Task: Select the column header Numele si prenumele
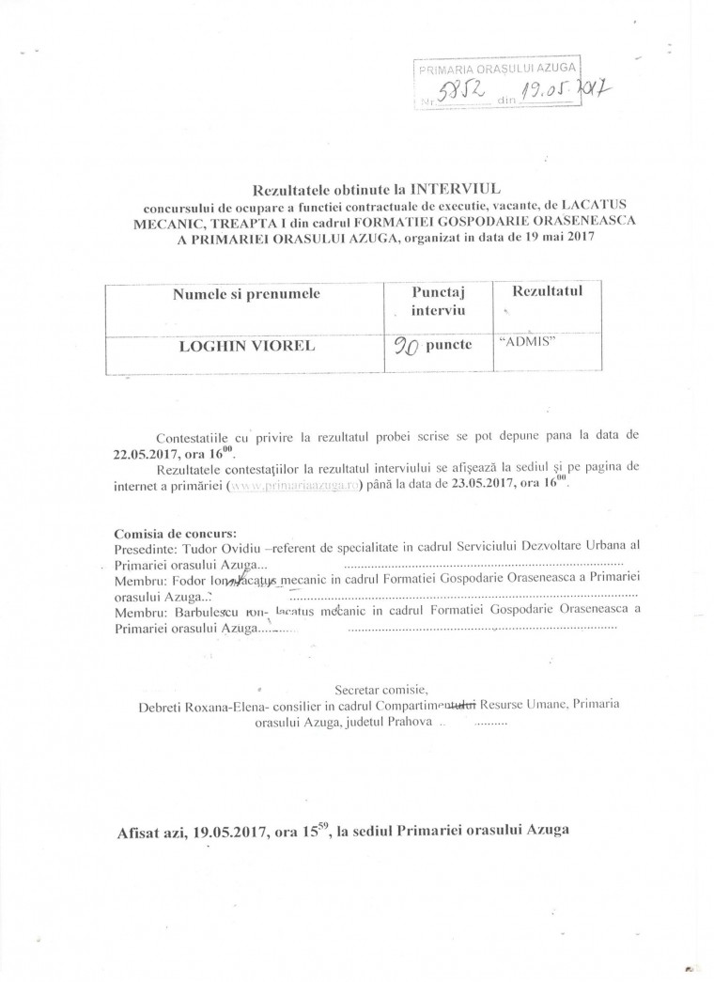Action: (246, 293)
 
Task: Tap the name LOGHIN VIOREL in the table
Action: (246, 345)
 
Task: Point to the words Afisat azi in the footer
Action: (148, 832)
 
